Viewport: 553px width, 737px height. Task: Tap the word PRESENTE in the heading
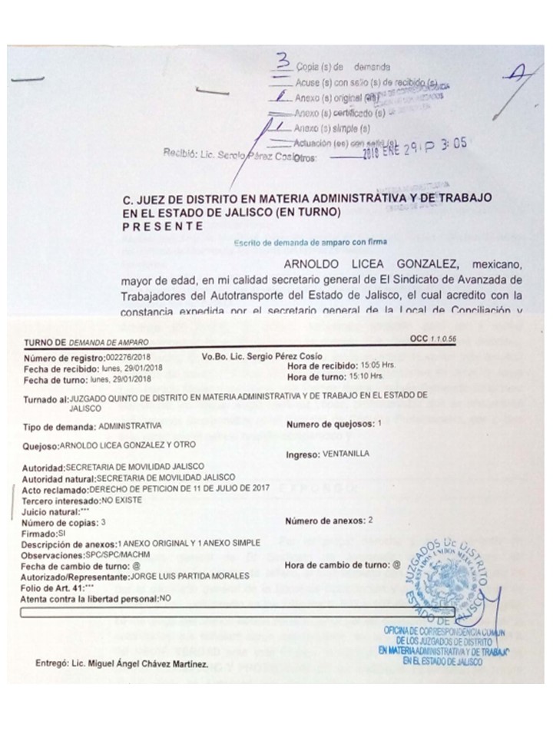(x=163, y=226)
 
